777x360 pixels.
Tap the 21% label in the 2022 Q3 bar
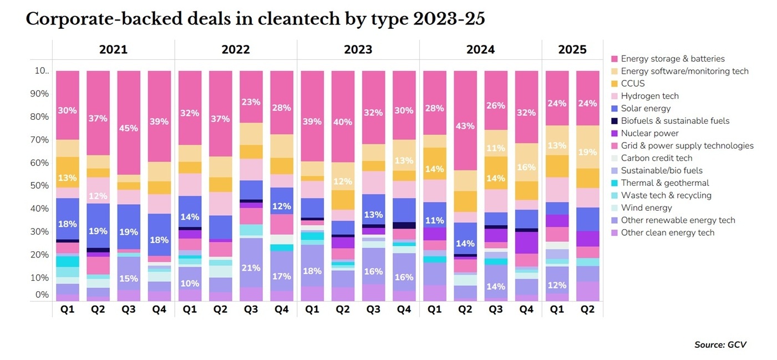tap(251, 268)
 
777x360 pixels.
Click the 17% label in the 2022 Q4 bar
tap(281, 276)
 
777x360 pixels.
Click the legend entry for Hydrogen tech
tap(649, 96)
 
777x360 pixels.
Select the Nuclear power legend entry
tap(649, 133)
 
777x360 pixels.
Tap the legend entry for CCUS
tap(633, 83)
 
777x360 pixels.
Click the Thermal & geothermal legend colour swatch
tap(614, 183)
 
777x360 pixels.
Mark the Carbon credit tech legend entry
tap(656, 158)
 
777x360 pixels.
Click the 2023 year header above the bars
tap(358, 49)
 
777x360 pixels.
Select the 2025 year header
tap(572, 49)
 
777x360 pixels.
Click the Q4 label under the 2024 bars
tap(526, 310)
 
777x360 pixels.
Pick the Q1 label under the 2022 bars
tap(190, 310)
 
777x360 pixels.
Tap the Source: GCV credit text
tap(720, 344)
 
